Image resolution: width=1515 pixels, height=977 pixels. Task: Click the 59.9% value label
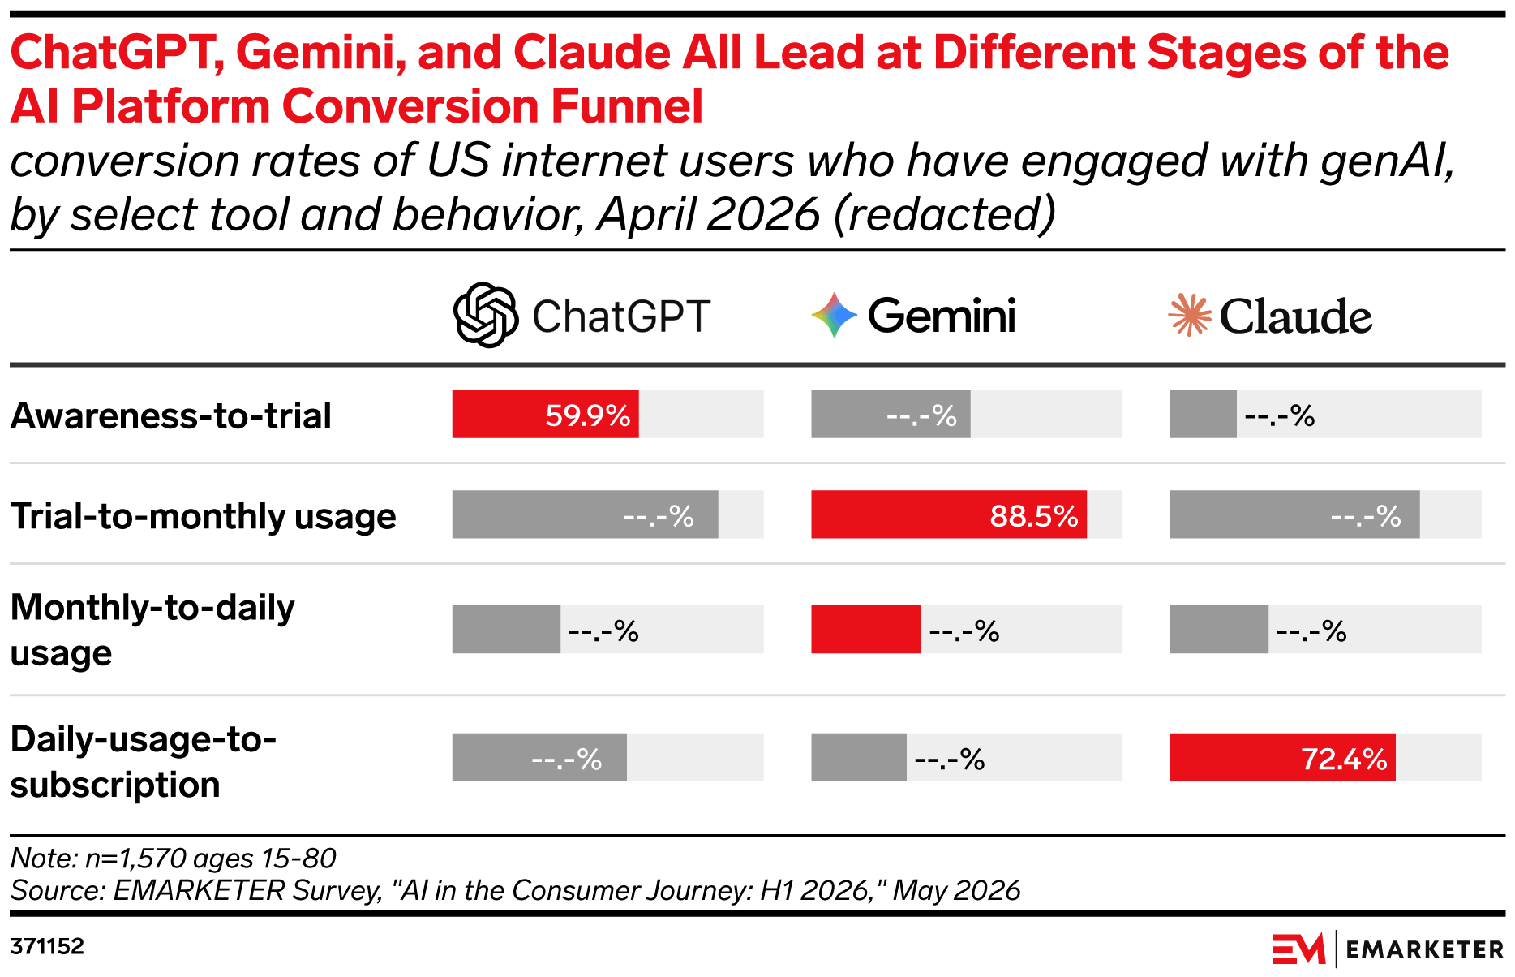(587, 415)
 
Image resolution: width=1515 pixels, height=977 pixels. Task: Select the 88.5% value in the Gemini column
(1033, 516)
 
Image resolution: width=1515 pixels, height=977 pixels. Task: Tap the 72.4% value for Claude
(1344, 759)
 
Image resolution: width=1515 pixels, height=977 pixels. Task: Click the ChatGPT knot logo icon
(485, 315)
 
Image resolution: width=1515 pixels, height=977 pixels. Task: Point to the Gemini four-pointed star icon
(835, 315)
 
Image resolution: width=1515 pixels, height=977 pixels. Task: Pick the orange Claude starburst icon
(1190, 315)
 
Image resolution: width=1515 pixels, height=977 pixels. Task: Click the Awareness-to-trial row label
(171, 415)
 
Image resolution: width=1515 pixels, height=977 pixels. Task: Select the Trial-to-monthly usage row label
(204, 516)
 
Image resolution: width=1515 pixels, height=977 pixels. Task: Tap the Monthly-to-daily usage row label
(152, 630)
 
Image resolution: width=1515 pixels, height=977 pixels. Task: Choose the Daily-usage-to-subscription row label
(144, 761)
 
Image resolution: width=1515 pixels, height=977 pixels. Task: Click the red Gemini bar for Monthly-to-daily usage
(866, 629)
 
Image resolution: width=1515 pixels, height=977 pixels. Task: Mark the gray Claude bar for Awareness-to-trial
(1204, 414)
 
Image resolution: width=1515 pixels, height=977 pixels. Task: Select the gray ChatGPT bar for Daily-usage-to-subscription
(539, 757)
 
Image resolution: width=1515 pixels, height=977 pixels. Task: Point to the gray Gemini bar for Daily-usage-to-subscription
(859, 757)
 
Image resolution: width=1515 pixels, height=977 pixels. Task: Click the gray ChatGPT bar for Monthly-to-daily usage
(506, 629)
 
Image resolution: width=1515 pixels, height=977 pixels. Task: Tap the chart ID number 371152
(47, 946)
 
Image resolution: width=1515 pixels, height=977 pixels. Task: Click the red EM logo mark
(1298, 949)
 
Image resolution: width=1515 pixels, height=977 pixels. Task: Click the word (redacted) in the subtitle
(945, 214)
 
